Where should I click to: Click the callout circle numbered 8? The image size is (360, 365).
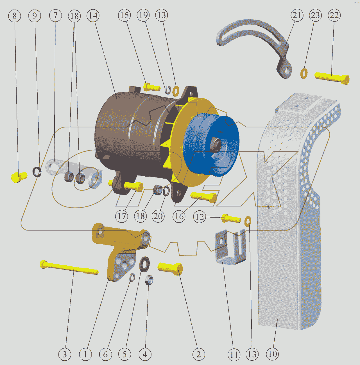click(14, 16)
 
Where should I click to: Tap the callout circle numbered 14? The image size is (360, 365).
click(93, 16)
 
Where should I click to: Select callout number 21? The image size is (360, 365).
click(297, 15)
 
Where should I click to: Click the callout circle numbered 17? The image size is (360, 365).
click(122, 216)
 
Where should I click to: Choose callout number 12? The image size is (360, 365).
click(200, 216)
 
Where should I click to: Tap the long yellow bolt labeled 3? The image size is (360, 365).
click(69, 267)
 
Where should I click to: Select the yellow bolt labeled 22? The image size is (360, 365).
click(332, 78)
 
